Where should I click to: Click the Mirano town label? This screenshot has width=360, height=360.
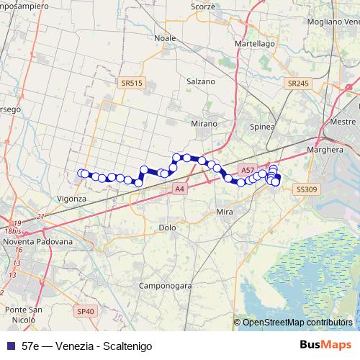[x=204, y=124]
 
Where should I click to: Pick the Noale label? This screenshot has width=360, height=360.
[x=165, y=38]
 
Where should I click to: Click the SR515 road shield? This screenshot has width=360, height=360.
[x=132, y=84]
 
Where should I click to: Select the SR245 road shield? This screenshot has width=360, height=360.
[x=297, y=84]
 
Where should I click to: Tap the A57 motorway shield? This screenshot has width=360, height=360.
[x=248, y=170]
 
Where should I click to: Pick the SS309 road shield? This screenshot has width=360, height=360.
[x=306, y=189]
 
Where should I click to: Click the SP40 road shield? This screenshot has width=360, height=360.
[x=85, y=311]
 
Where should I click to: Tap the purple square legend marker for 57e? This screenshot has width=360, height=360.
[x=9, y=346]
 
